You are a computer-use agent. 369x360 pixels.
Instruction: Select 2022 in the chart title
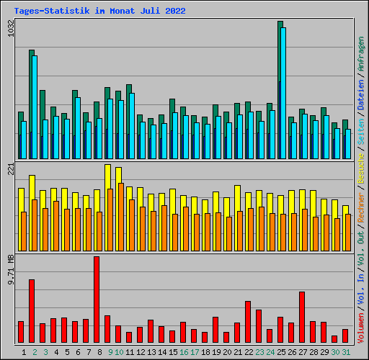(x=175, y=11)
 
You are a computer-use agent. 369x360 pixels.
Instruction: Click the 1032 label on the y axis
(x=11, y=28)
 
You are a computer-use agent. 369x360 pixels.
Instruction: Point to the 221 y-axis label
(x=11, y=169)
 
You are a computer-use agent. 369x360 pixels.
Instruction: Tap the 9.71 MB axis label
(x=11, y=270)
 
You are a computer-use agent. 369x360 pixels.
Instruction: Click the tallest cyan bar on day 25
(x=283, y=93)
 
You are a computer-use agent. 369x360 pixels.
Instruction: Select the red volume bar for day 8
(x=97, y=300)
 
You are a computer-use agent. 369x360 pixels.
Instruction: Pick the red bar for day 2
(x=32, y=311)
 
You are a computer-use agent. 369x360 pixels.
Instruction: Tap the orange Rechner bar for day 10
(x=121, y=217)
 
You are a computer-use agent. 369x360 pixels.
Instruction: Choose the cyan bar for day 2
(x=35, y=107)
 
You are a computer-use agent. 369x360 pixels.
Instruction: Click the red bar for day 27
(x=302, y=317)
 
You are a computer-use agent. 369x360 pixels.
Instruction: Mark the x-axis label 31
(x=346, y=352)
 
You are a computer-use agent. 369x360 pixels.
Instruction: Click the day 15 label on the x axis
(x=173, y=352)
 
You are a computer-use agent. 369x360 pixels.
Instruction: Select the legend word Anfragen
(x=361, y=53)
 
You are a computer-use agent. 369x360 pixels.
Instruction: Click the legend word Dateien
(x=361, y=94)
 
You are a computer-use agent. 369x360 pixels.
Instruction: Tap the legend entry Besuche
(x=361, y=168)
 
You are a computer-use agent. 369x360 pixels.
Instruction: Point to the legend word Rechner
(x=361, y=207)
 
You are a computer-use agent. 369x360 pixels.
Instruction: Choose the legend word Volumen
(x=361, y=328)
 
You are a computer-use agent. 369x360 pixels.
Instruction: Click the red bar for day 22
(x=248, y=322)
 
